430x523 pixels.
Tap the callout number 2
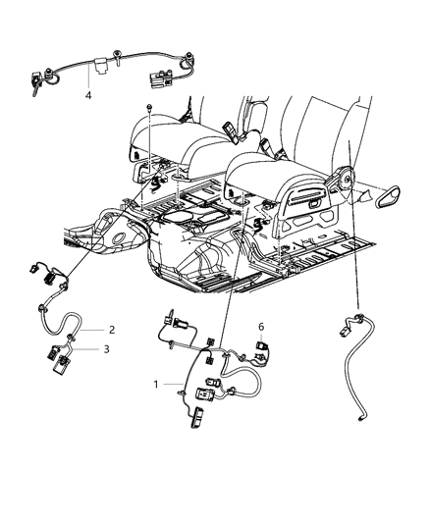coord(112,330)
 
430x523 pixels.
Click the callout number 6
coord(261,327)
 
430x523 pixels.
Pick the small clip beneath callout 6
coord(262,346)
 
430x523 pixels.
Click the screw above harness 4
coord(118,55)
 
